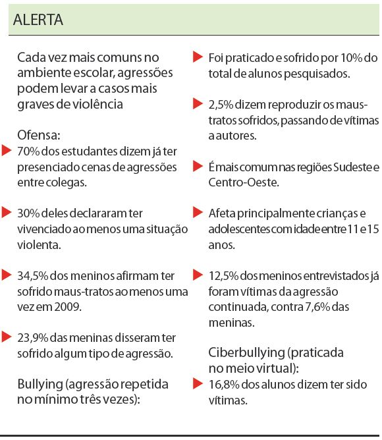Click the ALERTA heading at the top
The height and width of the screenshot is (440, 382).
pos(38,20)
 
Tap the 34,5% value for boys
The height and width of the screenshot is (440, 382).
pos(33,275)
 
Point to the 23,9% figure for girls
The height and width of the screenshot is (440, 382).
pos(33,338)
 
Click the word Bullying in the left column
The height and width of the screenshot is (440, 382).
pos(41,384)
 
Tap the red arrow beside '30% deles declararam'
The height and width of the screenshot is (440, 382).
pos(7,213)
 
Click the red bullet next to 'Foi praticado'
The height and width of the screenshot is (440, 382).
pos(196,57)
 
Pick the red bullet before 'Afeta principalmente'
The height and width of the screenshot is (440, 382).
pos(196,213)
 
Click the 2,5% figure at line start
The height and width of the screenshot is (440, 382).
pos(221,104)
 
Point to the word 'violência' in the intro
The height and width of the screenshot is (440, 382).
pos(99,103)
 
